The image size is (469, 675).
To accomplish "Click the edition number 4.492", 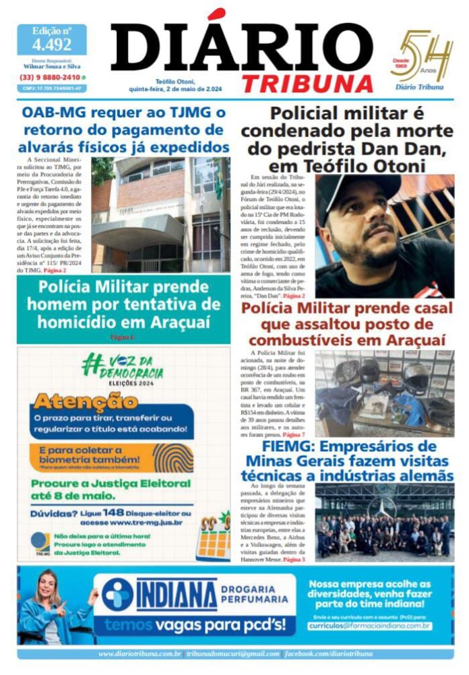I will [x=52, y=45].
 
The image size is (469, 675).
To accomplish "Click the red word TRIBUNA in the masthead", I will [x=307, y=84].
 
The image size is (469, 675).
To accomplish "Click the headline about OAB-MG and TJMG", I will [x=123, y=129].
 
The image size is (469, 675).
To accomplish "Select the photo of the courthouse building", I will [x=160, y=214].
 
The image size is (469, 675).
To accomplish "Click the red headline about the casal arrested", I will [x=346, y=324].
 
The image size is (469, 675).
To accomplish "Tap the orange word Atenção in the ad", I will [x=84, y=402].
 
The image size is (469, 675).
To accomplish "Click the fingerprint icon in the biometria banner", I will [x=174, y=458].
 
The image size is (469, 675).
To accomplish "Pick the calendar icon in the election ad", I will [x=212, y=537].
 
